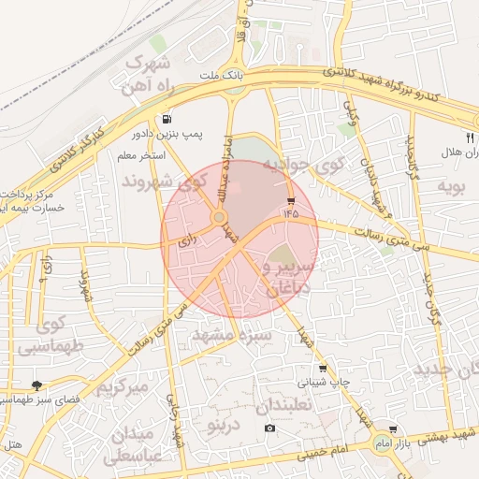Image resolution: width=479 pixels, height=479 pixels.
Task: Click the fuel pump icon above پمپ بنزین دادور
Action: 167,119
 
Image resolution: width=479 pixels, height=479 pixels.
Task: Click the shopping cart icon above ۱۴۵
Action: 291,201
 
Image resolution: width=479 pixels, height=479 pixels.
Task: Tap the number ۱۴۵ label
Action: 292,214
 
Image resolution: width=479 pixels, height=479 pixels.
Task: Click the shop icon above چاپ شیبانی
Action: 323,369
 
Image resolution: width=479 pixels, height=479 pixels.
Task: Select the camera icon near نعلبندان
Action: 270,428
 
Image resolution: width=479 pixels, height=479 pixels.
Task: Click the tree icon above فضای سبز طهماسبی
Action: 37,385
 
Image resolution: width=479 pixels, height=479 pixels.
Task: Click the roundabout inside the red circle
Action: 219,218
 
